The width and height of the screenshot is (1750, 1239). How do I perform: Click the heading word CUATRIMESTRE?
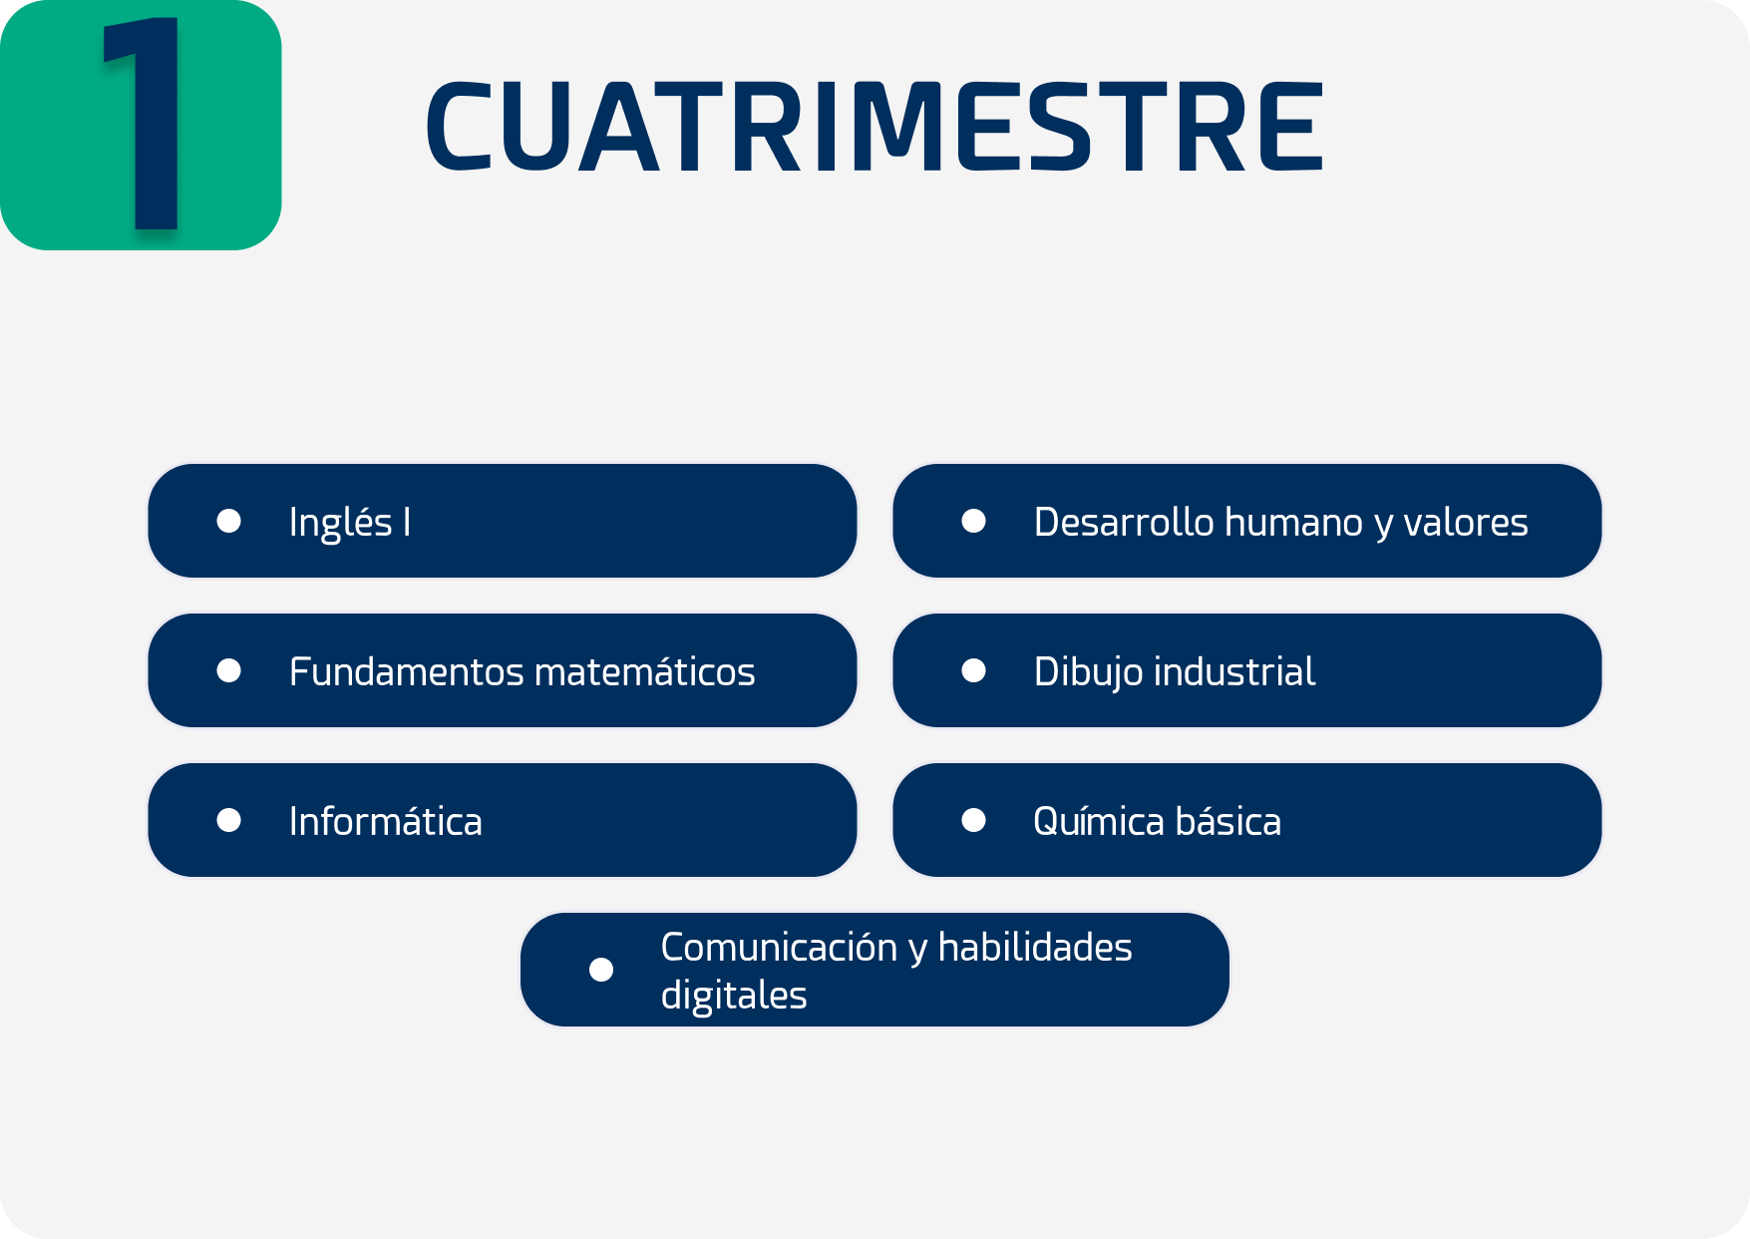pyautogui.click(x=875, y=127)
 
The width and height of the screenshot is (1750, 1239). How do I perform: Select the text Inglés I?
pyautogui.click(x=350, y=523)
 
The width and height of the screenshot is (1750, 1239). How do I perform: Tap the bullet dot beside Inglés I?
pyautogui.click(x=229, y=521)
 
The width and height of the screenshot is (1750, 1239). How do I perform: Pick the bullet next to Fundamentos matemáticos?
pyautogui.click(x=229, y=670)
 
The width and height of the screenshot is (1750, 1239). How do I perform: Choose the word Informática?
pyautogui.click(x=386, y=821)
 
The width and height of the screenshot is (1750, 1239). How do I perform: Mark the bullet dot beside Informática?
pyautogui.click(x=229, y=820)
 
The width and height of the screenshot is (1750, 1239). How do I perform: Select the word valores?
pyautogui.click(x=1466, y=523)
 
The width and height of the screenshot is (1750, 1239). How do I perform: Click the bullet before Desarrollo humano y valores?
pyautogui.click(x=974, y=521)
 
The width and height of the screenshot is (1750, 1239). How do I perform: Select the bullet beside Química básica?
pyautogui.click(x=974, y=820)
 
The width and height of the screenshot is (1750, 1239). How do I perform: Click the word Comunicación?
pyautogui.click(x=780, y=947)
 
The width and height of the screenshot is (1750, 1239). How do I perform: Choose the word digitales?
pyautogui.click(x=734, y=996)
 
